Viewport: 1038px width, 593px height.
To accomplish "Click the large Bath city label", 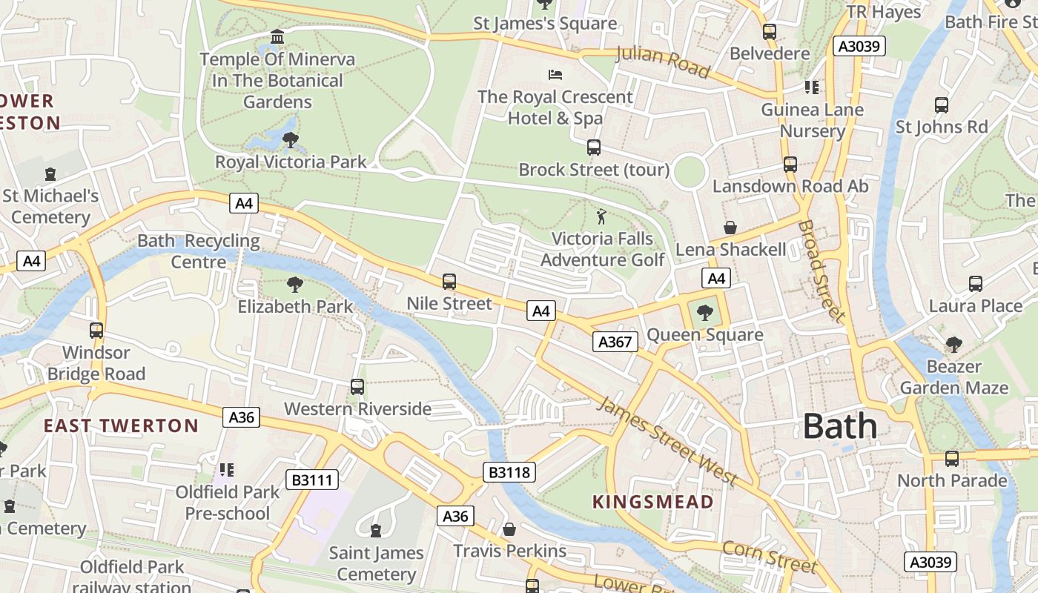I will click(x=840, y=427).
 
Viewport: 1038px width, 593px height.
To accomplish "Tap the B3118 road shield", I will click(x=509, y=472).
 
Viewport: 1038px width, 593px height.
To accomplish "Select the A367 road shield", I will click(x=615, y=342).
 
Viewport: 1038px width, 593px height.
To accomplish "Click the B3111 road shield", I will click(x=313, y=480).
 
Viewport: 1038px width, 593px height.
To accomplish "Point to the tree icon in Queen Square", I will click(x=705, y=313).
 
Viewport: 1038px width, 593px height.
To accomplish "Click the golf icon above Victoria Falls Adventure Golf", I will click(x=602, y=217).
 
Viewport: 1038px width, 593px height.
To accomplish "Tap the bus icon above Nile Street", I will click(x=449, y=282).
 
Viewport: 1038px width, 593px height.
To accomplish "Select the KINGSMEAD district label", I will click(x=652, y=502).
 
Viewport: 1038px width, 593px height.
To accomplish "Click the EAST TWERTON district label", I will click(x=121, y=425).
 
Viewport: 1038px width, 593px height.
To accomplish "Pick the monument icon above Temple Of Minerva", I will click(x=277, y=37).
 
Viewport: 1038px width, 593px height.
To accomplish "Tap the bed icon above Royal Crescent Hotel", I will click(x=555, y=75).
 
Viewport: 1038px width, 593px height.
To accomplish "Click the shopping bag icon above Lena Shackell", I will click(x=730, y=228).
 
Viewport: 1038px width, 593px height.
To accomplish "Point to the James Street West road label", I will click(x=667, y=442).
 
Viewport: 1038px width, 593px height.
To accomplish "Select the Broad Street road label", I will click(x=822, y=271).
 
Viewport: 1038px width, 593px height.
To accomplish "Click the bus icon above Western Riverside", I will click(x=357, y=387).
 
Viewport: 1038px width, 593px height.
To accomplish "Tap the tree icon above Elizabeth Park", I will click(x=295, y=284).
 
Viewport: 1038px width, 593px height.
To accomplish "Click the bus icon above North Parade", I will click(x=952, y=459).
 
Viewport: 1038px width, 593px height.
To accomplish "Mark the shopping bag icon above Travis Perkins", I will click(x=509, y=529).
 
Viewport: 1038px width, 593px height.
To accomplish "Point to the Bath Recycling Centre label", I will click(x=199, y=251).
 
